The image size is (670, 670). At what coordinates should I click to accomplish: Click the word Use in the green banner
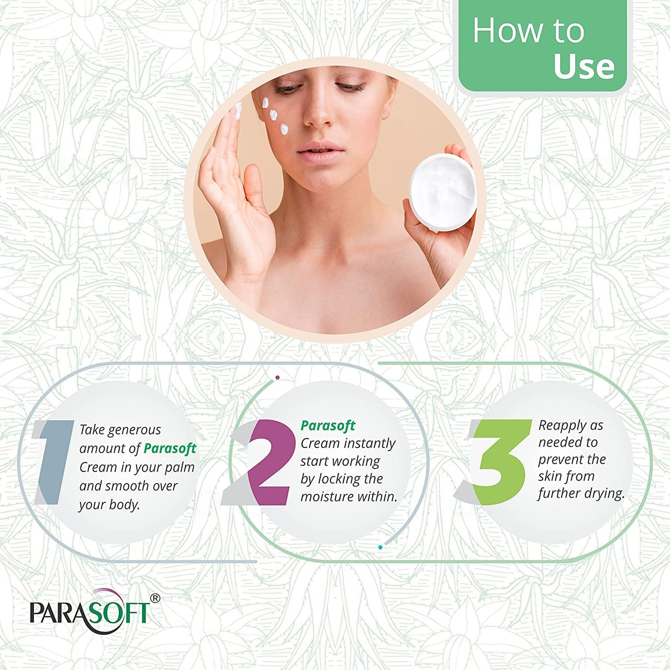click(584, 66)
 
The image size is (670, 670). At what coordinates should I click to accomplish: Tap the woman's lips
click(320, 151)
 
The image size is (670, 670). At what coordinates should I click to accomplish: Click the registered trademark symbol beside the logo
click(155, 598)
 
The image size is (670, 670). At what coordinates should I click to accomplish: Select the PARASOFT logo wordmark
click(90, 612)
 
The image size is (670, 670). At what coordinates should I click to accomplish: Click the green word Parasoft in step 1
click(170, 449)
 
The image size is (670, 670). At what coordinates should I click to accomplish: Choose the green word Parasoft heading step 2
click(328, 426)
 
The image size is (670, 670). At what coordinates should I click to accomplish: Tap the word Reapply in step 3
click(563, 426)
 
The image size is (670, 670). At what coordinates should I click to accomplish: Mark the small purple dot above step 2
click(277, 377)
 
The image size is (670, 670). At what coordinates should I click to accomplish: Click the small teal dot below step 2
click(380, 548)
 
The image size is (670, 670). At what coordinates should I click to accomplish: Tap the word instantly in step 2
click(370, 443)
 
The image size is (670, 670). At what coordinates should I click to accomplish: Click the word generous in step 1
click(135, 430)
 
